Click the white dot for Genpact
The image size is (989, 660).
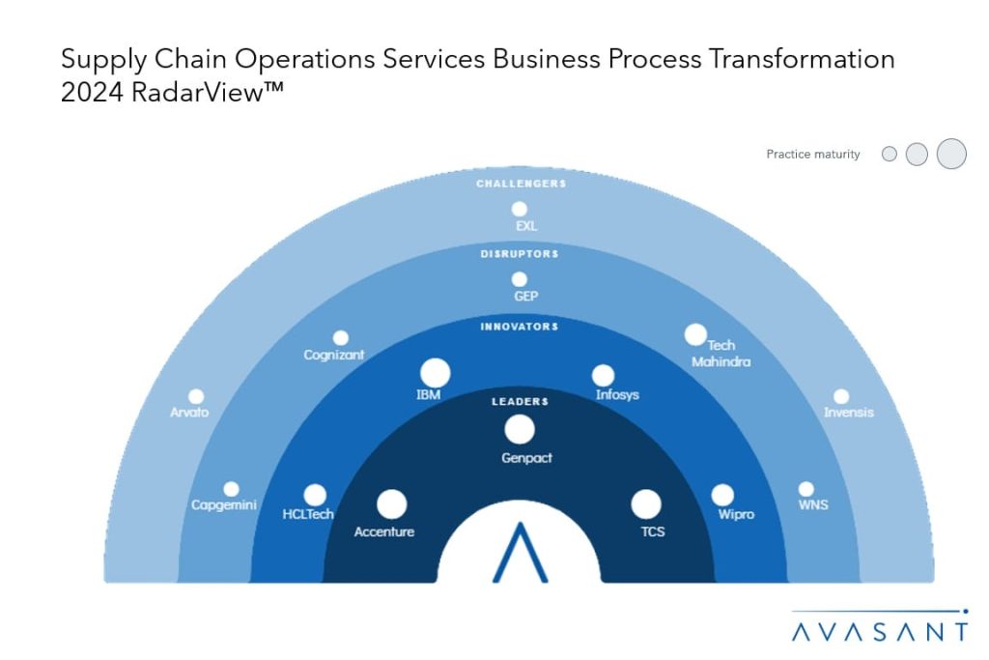click(520, 429)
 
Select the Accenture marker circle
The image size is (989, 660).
click(391, 503)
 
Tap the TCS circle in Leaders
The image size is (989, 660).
click(646, 503)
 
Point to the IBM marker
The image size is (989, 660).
click(436, 373)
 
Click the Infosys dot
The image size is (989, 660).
click(603, 375)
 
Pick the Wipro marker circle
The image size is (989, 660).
click(722, 495)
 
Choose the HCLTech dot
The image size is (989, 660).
click(315, 495)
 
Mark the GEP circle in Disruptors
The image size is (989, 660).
click(520, 279)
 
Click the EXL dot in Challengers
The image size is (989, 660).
click(520, 209)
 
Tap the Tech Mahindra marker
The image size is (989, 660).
click(695, 334)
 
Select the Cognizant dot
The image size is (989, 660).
click(341, 338)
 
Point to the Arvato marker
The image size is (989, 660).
click(196, 396)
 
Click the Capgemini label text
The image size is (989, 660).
click(224, 505)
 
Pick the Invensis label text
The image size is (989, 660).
click(849, 413)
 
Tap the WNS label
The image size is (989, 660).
click(813, 505)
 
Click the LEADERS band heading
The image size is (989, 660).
click(520, 401)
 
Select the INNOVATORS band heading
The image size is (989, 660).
click(520, 327)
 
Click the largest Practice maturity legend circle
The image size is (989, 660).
click(951, 154)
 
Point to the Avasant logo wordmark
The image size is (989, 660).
click(879, 632)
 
